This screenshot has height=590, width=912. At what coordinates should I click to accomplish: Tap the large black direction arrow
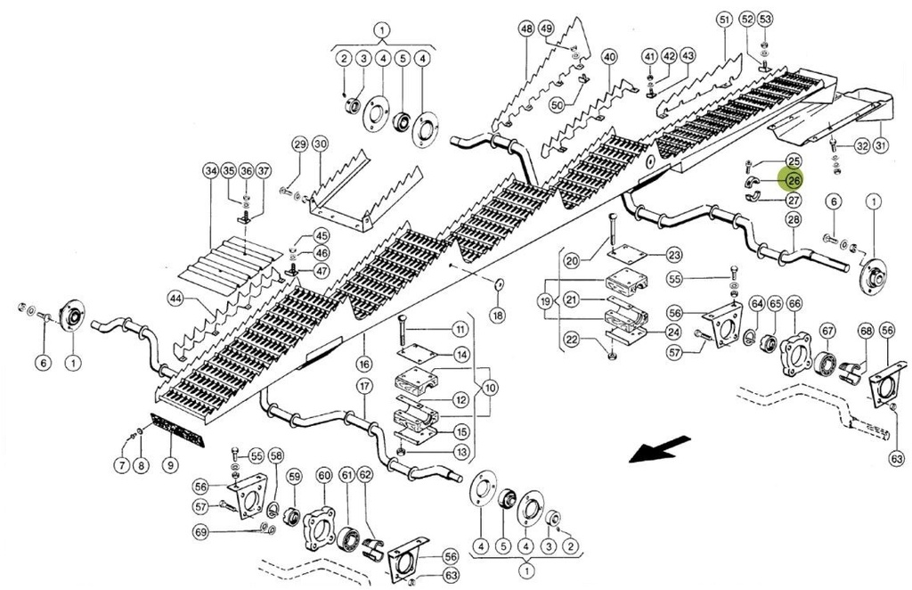[660, 447]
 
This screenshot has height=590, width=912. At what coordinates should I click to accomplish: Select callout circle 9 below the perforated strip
[169, 465]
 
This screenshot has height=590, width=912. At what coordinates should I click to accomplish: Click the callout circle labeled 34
[210, 171]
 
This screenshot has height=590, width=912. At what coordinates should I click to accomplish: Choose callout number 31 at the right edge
[882, 146]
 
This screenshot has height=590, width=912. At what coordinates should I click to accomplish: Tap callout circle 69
[200, 532]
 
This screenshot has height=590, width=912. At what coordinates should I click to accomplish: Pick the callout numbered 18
[497, 315]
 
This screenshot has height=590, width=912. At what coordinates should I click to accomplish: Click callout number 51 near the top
[723, 19]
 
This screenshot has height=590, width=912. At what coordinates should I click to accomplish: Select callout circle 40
[609, 56]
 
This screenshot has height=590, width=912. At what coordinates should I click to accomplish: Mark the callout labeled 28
[793, 219]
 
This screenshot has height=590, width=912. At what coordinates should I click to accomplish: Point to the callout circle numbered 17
[362, 387]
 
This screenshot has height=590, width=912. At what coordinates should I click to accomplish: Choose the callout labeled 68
[865, 332]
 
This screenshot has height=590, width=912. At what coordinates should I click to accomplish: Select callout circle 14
[460, 355]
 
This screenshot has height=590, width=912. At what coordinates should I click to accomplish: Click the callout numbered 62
[365, 475]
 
